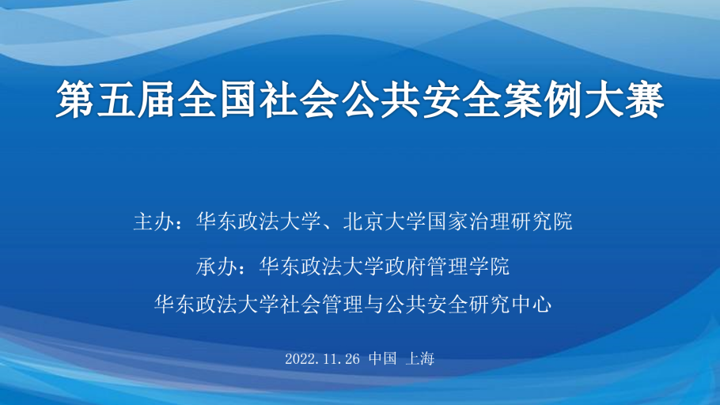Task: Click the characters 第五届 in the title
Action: click(116, 99)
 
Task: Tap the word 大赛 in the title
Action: click(625, 99)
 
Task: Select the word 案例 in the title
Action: click(544, 99)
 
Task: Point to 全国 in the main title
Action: click(218, 99)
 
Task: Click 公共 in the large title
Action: click(381, 99)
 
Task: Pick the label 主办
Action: click(154, 221)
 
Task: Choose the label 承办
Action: click(217, 266)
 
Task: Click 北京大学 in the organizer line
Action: click(385, 221)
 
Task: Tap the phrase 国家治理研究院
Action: click(499, 221)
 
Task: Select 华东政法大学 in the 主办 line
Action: click(259, 221)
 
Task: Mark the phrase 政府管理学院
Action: click(447, 266)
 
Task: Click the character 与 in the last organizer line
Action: click(373, 304)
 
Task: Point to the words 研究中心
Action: click(510, 304)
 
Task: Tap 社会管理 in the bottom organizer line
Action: click(321, 304)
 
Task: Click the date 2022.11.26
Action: click(322, 358)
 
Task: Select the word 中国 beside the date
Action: click(382, 358)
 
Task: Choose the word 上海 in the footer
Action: click(419, 358)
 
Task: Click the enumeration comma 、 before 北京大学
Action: click(328, 227)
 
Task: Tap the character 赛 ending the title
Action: click(645, 99)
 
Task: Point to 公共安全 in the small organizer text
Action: click(426, 304)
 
